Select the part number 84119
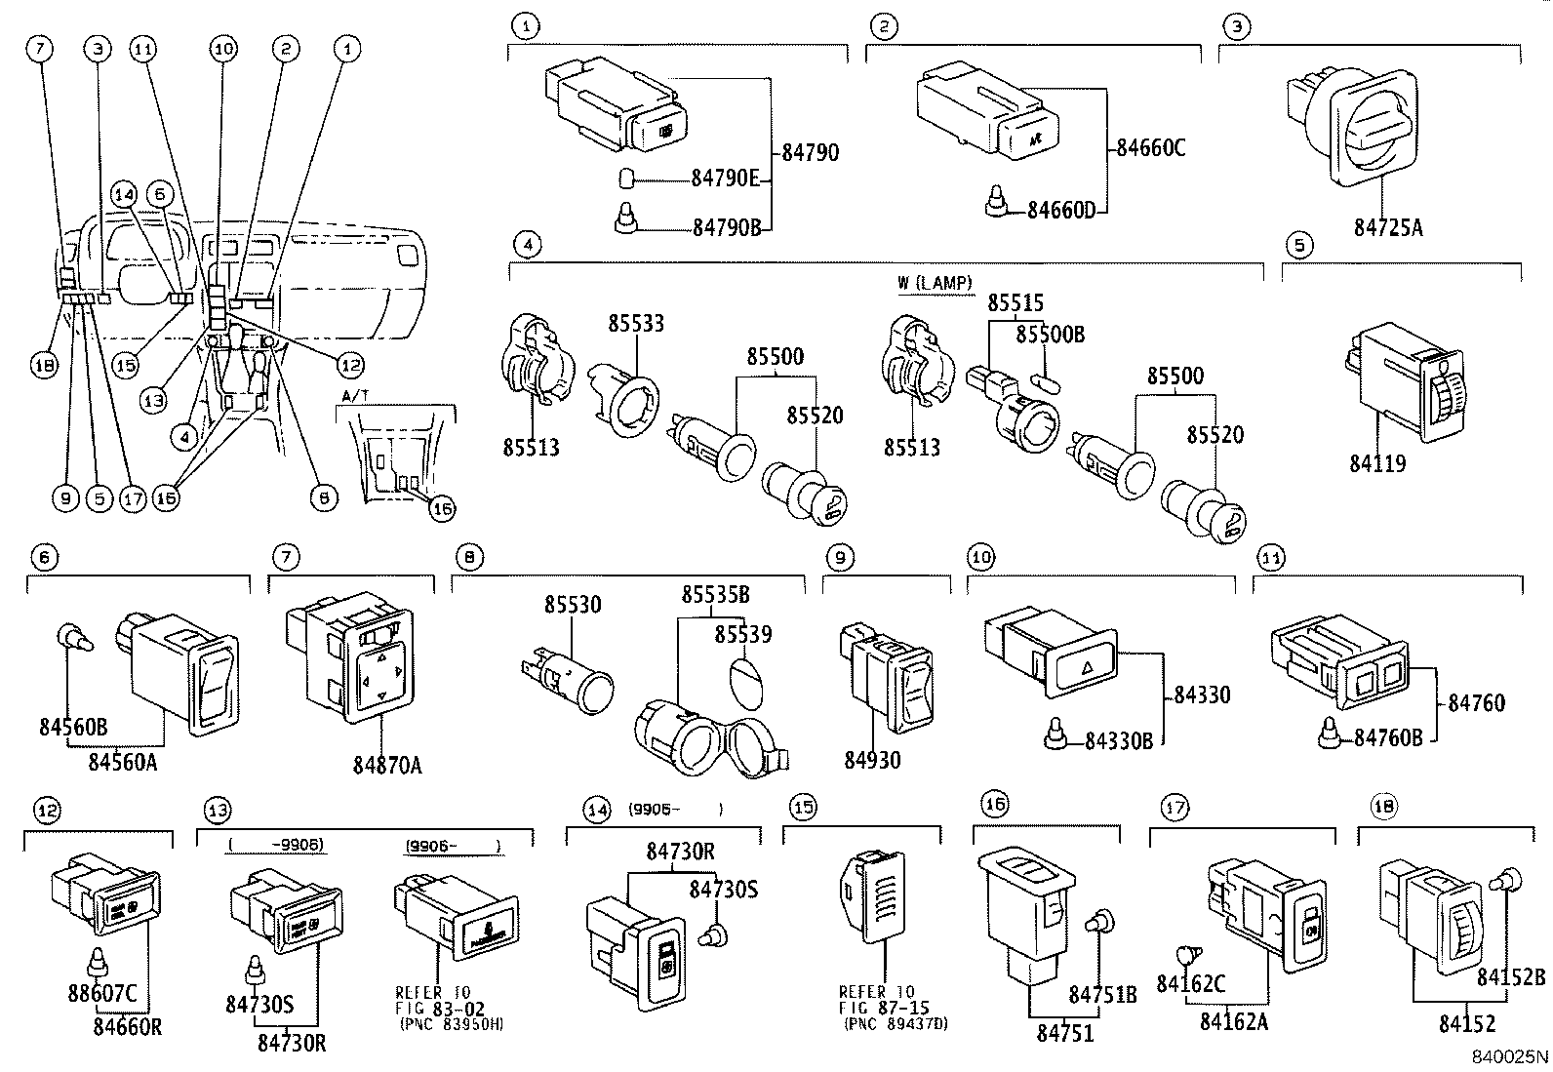[1377, 463]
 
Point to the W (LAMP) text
[935, 284]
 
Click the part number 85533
[636, 323]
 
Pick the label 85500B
[1050, 335]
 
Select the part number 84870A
[387, 766]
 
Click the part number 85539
[742, 635]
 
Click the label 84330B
[1119, 741]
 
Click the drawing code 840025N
[1509, 1055]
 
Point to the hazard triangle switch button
[1084, 669]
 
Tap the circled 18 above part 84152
[1383, 808]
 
